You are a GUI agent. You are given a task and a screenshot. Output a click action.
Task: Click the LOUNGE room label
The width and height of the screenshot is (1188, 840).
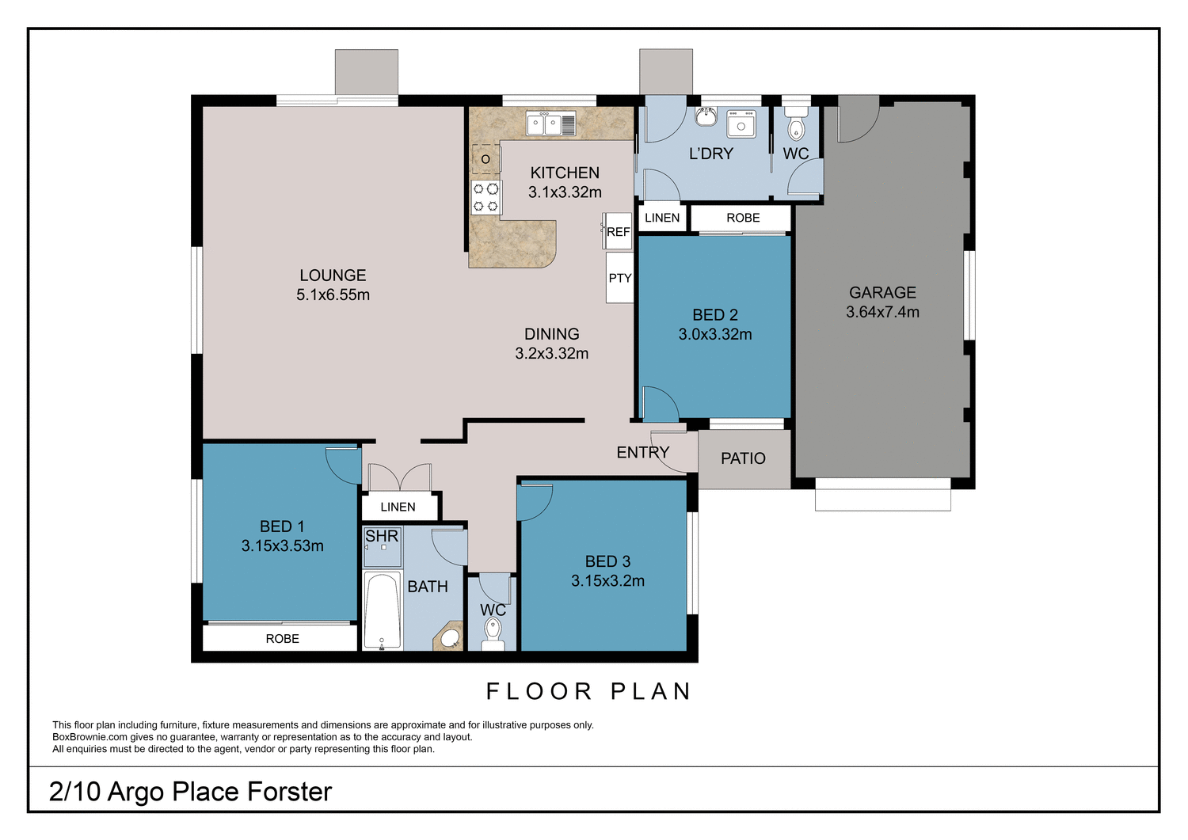coord(333,276)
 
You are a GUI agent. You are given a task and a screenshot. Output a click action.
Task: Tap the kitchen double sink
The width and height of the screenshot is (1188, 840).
coord(551,124)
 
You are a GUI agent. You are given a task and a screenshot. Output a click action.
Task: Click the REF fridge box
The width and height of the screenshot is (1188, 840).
coord(619,232)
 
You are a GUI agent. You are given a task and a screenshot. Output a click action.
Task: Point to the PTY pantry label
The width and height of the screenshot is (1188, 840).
coord(620,278)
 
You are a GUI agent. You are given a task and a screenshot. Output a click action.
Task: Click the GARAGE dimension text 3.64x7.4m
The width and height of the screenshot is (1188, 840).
coord(882,312)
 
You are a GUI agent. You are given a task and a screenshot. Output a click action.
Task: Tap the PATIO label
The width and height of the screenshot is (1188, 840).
coord(743,458)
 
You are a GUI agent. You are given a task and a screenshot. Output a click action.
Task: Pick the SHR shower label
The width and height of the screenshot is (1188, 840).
coord(382,537)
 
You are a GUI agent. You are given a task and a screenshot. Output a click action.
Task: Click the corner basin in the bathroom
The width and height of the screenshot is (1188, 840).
coord(450,637)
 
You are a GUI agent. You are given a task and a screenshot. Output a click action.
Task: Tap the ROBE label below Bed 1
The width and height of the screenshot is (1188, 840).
coord(282,639)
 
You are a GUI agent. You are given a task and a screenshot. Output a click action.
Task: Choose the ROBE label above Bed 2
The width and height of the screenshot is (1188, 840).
coord(743,218)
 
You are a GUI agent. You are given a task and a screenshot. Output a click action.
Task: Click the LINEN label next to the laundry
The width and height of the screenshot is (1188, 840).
coord(662,218)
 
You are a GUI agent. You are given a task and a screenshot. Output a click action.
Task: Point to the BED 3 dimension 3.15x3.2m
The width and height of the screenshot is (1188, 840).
coord(607,580)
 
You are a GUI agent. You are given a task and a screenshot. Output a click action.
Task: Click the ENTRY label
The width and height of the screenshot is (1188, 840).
coord(642,452)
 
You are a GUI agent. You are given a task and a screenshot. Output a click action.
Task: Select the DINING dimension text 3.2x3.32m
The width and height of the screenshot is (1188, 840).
coord(551,354)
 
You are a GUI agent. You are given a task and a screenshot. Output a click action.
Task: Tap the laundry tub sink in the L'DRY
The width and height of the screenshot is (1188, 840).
coord(741,124)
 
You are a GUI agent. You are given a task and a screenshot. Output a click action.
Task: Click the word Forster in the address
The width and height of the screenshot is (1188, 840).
coord(289,792)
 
